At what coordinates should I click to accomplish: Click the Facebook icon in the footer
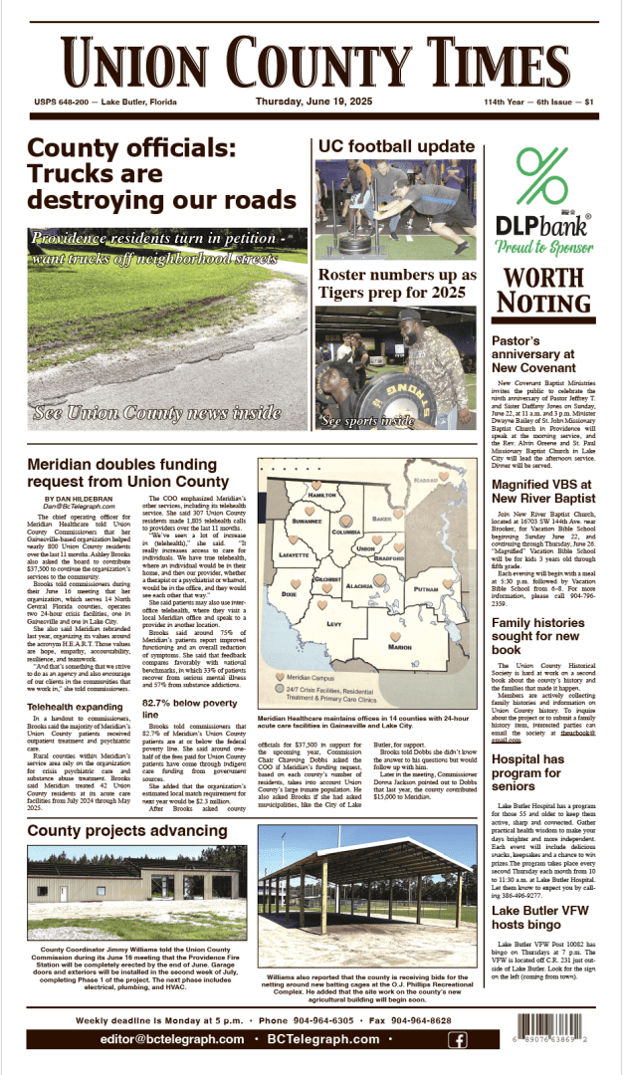[x=458, y=1040]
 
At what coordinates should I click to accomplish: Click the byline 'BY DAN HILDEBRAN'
[x=79, y=498]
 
